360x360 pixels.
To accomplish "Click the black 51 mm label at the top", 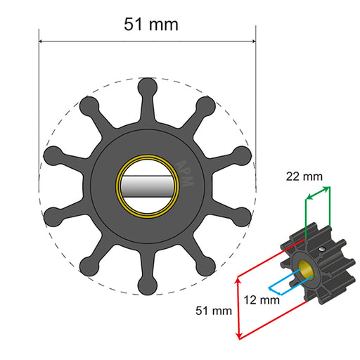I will point(151,24).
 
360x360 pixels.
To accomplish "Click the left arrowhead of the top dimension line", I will point(41,41).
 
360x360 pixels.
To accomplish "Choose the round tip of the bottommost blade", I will point(148,288).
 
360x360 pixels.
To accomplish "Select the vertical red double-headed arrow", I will point(240,306).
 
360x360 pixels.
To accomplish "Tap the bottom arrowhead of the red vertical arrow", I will point(240,335).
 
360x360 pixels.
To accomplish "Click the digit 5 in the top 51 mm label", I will point(130,24).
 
